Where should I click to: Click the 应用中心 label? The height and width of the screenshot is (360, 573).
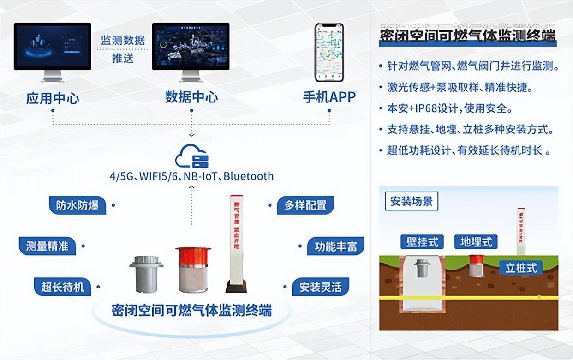(x=53, y=98)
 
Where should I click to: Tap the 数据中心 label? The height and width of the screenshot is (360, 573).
(x=191, y=97)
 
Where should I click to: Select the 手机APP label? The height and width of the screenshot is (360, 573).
(x=329, y=97)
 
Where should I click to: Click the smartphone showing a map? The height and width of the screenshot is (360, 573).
(x=329, y=52)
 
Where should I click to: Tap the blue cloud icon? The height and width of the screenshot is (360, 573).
(x=191, y=156)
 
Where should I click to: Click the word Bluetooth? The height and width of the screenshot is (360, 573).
(x=249, y=176)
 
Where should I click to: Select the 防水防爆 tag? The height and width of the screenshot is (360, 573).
(x=78, y=205)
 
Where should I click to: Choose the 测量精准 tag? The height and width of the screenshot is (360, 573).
(x=47, y=246)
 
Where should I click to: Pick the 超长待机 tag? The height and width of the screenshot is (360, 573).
(x=63, y=287)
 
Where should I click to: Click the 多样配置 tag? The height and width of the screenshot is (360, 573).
(x=305, y=205)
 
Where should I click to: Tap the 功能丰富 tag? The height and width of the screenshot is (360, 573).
(x=335, y=246)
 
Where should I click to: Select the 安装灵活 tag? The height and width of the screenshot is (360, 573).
(x=320, y=287)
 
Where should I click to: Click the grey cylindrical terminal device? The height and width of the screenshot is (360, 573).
(x=146, y=274)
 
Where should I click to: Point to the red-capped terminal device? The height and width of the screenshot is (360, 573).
(x=193, y=270)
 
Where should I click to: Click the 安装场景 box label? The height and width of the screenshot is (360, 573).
(x=412, y=202)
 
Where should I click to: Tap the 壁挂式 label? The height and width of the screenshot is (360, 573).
(x=422, y=241)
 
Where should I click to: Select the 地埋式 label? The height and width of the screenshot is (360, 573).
(x=476, y=241)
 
